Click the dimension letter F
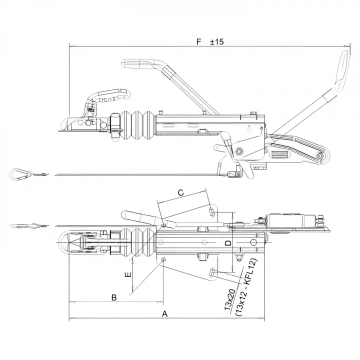click(199, 42)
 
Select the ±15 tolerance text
click(216, 42)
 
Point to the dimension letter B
click(114, 297)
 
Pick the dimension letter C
click(181, 192)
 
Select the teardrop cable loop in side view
click(17, 174)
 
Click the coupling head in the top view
click(80, 243)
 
